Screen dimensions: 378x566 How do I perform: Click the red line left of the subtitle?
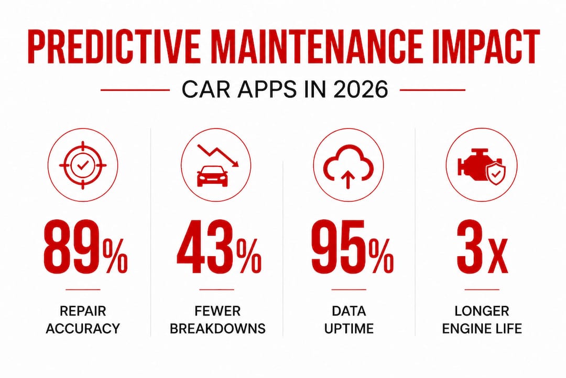click(x=135, y=90)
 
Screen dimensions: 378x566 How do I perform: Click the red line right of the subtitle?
click(x=432, y=90)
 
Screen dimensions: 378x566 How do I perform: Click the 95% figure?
click(x=351, y=246)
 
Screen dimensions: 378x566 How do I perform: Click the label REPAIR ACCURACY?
click(x=83, y=320)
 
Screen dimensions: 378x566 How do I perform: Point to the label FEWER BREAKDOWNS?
click(x=217, y=320)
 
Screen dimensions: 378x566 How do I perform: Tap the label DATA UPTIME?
click(x=349, y=320)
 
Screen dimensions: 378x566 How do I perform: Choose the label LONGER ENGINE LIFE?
click(x=481, y=320)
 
